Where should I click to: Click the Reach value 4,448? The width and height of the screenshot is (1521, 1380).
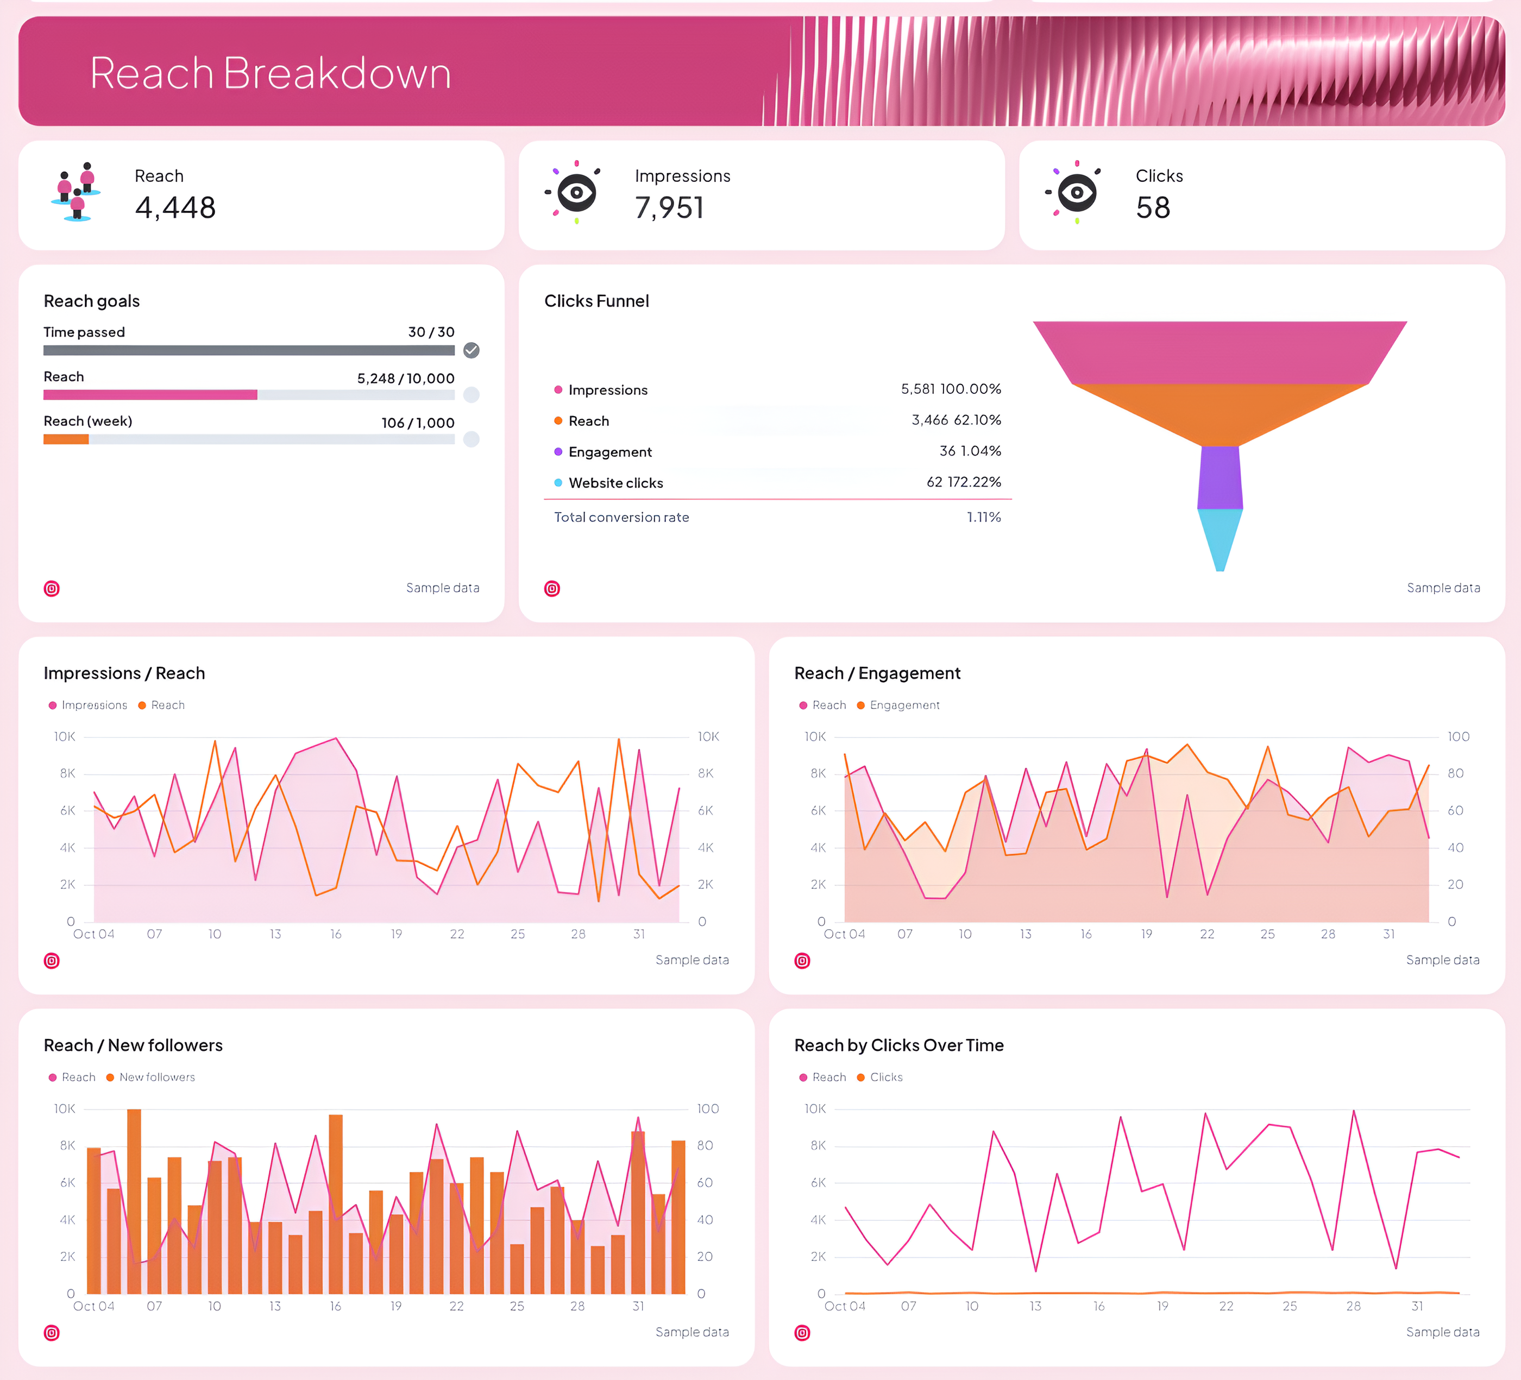click(x=175, y=207)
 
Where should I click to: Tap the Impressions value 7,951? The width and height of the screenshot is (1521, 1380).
click(x=669, y=207)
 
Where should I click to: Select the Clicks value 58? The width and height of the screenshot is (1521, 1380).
click(x=1153, y=207)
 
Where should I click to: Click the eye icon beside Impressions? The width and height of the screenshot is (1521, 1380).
click(x=576, y=192)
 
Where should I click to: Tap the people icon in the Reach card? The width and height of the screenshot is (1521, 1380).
click(x=76, y=192)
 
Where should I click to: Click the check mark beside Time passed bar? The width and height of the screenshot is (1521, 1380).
click(x=472, y=350)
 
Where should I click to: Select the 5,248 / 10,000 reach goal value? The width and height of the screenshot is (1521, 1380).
click(x=405, y=379)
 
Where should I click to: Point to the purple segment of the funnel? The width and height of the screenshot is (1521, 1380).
click(x=1220, y=477)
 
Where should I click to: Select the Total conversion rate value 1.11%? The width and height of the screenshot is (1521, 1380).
click(x=984, y=518)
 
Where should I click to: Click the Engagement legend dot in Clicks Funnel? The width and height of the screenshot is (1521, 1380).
click(x=558, y=452)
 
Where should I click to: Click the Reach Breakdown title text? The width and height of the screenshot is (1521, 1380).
click(x=270, y=73)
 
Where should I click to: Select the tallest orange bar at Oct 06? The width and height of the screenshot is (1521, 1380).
click(x=134, y=1201)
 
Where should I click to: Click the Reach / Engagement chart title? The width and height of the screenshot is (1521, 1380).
click(x=877, y=673)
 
